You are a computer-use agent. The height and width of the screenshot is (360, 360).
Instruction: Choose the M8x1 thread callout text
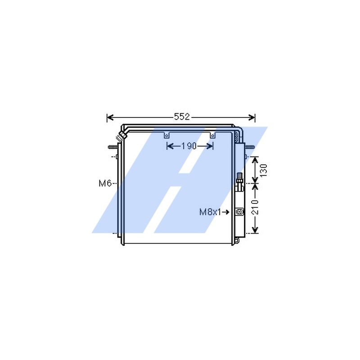point(210,211)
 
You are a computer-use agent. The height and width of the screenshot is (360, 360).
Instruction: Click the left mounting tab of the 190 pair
point(166,135)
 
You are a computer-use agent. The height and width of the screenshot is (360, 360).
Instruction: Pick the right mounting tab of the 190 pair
point(212,135)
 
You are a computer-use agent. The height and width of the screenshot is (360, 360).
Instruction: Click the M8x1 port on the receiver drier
point(239,211)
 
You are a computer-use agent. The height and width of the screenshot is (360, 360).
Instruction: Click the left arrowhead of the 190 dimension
point(169,146)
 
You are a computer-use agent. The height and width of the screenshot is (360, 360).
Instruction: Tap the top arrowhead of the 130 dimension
point(255,159)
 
